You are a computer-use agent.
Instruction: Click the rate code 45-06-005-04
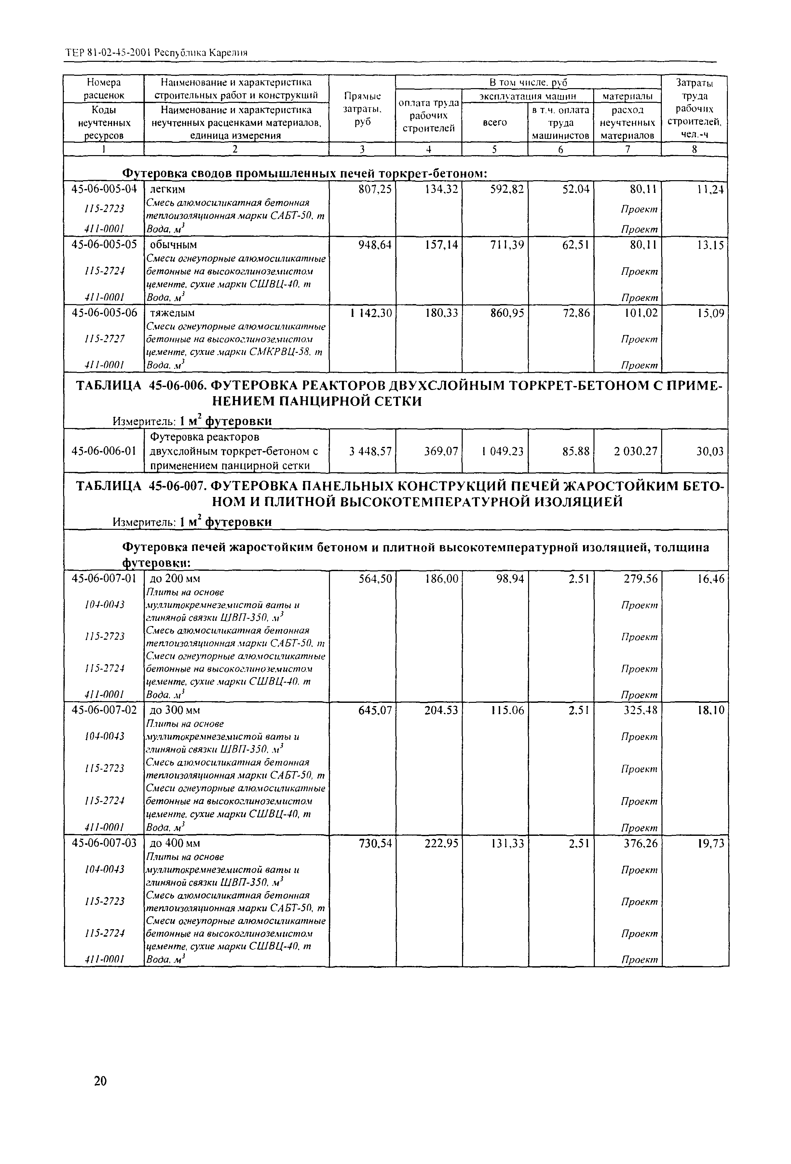(x=104, y=189)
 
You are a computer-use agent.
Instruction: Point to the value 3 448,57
(x=370, y=451)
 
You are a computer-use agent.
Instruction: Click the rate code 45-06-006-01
(x=104, y=451)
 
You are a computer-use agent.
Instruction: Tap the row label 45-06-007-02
(x=104, y=710)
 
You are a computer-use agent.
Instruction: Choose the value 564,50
(x=375, y=579)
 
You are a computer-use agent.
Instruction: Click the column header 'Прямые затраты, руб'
(x=362, y=109)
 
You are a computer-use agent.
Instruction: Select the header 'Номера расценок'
(x=104, y=89)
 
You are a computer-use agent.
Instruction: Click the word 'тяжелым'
(x=173, y=313)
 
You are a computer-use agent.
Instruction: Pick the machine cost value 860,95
(x=508, y=313)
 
